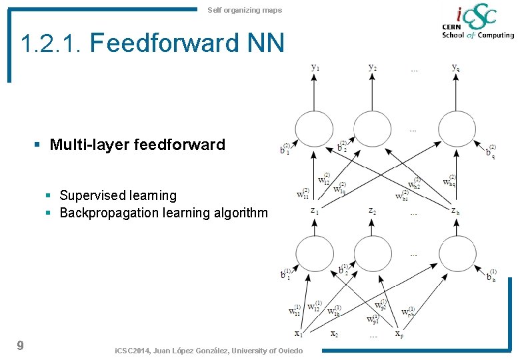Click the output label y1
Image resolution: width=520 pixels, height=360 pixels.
[x=315, y=67]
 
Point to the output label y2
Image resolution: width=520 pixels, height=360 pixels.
[x=373, y=67]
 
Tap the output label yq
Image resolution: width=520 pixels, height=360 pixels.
[x=455, y=67]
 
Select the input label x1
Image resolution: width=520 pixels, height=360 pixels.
[x=299, y=333]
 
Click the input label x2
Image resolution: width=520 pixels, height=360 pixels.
[x=335, y=333]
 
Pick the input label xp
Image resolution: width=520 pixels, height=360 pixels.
[x=398, y=333]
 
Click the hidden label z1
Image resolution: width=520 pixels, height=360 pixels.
[x=314, y=211]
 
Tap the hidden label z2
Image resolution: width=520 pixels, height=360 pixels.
[x=373, y=211]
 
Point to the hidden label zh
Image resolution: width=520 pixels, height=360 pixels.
[x=455, y=211]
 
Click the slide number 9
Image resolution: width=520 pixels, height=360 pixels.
[x=20, y=345]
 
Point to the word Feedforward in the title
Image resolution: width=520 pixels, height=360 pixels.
[x=164, y=43]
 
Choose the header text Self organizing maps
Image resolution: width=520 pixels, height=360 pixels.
[x=245, y=10]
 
